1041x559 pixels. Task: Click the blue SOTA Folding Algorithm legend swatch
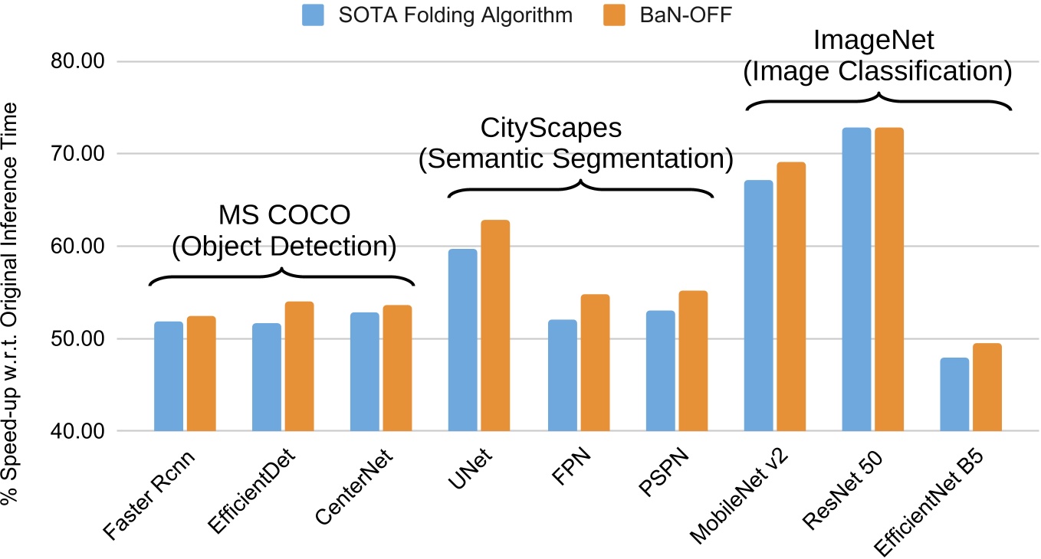(x=313, y=15)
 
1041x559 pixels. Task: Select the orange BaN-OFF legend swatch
(x=606, y=15)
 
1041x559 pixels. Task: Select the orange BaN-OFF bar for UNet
(x=495, y=325)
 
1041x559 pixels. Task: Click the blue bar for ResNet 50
(x=856, y=279)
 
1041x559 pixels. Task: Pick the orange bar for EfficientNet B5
(x=987, y=387)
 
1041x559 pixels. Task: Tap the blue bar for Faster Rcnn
(x=169, y=376)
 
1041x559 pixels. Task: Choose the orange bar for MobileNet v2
(x=791, y=296)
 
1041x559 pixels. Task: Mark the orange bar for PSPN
(x=693, y=361)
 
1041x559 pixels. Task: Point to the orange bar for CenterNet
(x=397, y=368)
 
